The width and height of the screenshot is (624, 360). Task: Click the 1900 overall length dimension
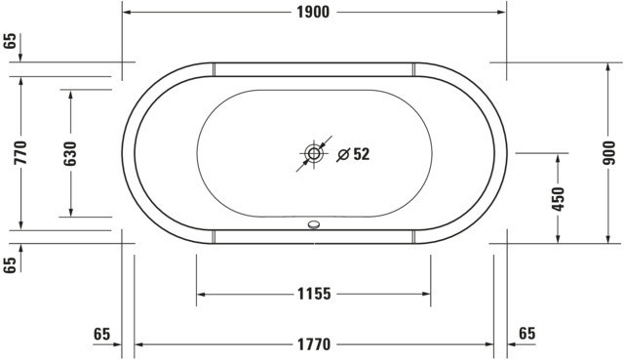point(313,13)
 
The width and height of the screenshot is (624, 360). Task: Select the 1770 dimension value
point(314,344)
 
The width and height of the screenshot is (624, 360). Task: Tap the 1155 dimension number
point(314,294)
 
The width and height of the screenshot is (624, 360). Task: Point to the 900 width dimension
point(608,153)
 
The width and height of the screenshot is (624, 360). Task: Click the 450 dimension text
point(559,199)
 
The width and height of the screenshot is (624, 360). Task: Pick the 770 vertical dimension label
point(20,152)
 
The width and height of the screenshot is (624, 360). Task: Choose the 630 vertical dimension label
point(70,153)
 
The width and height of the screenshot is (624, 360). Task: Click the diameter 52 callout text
point(353,154)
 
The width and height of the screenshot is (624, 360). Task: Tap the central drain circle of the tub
point(314,154)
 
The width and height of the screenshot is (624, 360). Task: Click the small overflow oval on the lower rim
point(314,225)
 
